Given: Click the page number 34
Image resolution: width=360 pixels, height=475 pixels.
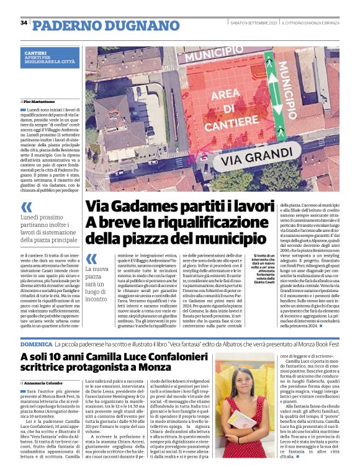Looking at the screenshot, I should (x=24, y=23).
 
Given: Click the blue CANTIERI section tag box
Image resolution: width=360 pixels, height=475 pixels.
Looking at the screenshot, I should (x=51, y=57).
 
